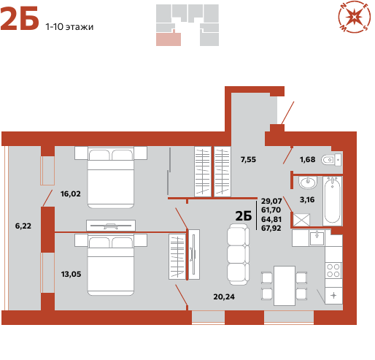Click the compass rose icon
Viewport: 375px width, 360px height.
(355, 17)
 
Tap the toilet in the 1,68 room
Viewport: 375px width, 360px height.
(332, 160)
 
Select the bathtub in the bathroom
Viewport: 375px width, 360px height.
(333, 201)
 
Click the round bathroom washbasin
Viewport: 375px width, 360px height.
(308, 183)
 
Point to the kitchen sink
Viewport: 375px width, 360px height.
(317, 238)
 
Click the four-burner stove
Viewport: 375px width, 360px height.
(333, 270)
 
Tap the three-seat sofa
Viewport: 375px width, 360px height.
(238, 254)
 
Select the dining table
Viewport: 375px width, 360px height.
(285, 286)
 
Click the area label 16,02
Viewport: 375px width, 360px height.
(71, 194)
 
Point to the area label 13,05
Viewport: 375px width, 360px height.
(71, 275)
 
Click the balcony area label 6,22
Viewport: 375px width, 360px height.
(23, 226)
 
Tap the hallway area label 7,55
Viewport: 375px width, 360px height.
(248, 159)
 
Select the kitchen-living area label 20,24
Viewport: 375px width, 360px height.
(224, 296)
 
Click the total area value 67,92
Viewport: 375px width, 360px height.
(271, 228)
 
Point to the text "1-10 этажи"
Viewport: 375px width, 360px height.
(69, 26)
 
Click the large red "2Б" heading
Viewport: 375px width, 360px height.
(20, 19)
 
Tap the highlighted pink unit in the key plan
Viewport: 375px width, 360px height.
(169, 39)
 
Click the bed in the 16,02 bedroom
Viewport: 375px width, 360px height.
(111, 177)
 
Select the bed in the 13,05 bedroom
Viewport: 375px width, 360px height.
(111, 264)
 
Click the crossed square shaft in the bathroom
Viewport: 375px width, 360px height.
(301, 220)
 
